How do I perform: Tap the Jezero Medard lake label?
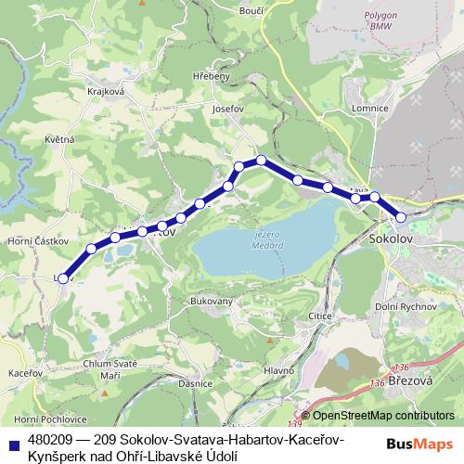tap(265, 239)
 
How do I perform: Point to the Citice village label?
tap(321, 317)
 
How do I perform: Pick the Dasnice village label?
tap(198, 383)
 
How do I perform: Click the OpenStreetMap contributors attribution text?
tap(382, 416)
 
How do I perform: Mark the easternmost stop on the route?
tap(401, 217)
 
